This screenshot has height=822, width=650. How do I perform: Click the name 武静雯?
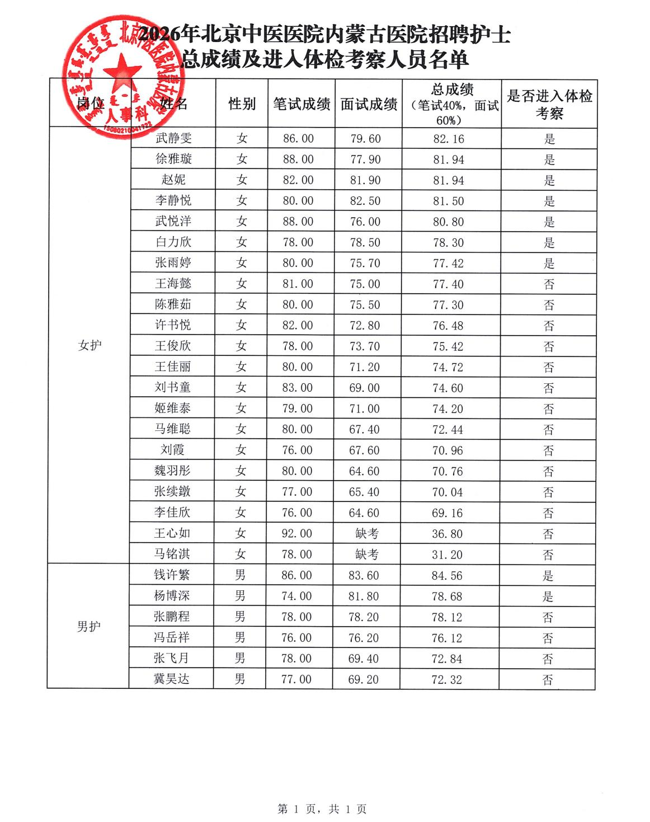coord(173,138)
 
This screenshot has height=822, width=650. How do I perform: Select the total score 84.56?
coord(447,576)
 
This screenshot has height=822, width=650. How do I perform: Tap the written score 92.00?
coord(297,534)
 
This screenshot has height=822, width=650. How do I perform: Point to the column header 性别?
coord(242,104)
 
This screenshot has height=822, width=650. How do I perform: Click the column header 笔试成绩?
coord(302,104)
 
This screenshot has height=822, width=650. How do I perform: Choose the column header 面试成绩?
coord(369,104)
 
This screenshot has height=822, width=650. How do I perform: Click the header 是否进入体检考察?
coord(549,104)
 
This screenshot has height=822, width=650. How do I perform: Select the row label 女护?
coord(90,345)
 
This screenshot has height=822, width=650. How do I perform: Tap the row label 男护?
coord(88,627)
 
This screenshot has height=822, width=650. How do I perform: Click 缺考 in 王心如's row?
coord(366,534)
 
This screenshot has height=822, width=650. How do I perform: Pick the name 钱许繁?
coord(172,575)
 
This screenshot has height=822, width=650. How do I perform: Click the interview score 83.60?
coord(364,576)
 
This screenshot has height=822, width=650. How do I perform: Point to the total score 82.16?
coord(449,139)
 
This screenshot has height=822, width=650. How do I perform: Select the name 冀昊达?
coord(172,679)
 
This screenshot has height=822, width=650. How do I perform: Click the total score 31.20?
coord(447,555)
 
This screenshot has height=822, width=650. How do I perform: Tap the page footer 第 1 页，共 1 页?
coord(322,809)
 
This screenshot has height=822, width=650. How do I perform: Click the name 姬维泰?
coord(172,408)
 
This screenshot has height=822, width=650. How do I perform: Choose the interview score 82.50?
coord(365,201)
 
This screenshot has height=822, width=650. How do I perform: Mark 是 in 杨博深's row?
coord(548,596)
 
